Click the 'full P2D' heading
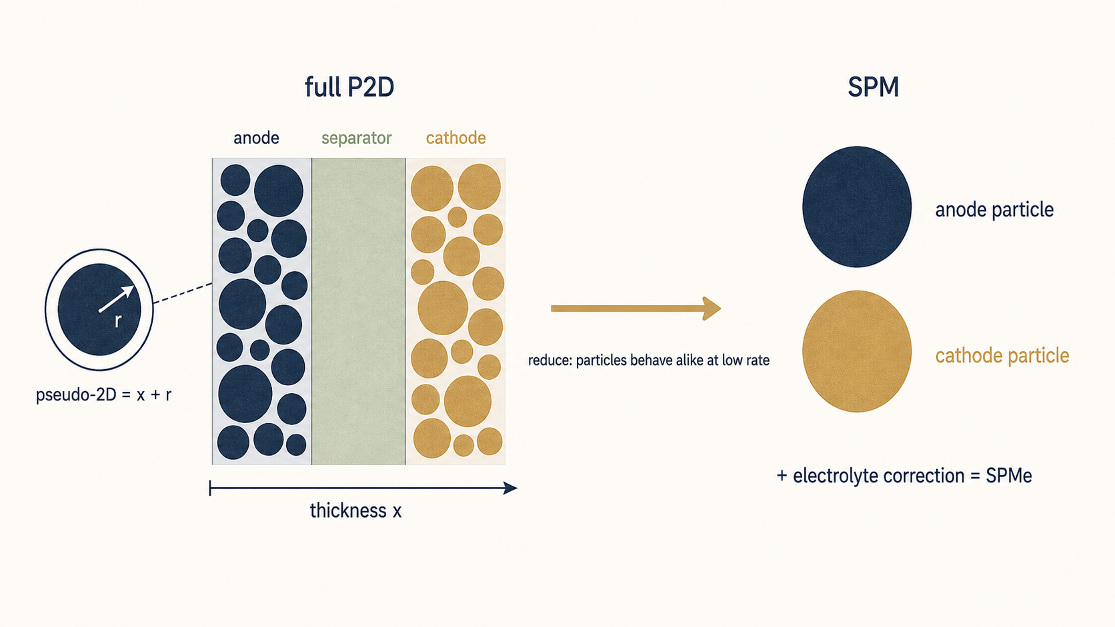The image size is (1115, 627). click(349, 87)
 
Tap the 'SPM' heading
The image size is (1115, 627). click(873, 87)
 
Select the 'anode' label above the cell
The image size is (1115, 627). click(256, 138)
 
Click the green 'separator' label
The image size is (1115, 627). click(356, 138)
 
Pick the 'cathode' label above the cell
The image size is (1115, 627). click(456, 138)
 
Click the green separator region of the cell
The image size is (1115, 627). click(358, 311)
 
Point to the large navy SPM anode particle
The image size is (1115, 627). click(857, 207)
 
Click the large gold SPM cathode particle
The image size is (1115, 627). click(857, 351)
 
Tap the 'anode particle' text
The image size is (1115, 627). click(994, 210)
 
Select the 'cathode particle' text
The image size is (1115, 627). click(1002, 356)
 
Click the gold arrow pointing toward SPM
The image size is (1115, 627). click(636, 309)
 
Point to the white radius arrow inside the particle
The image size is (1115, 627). click(117, 299)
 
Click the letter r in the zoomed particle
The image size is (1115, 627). click(118, 321)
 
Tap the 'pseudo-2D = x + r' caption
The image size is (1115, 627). click(103, 395)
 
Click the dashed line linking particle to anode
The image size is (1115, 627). click(183, 293)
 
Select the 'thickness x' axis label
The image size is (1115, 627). click(355, 510)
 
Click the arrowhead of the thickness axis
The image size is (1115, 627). click(511, 488)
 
